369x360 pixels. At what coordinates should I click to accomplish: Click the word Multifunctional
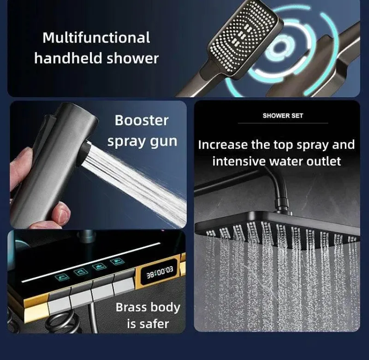pyautogui.click(x=96, y=38)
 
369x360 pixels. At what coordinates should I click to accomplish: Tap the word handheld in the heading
pyautogui.click(x=68, y=58)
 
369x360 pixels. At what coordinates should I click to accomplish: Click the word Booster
pyautogui.click(x=142, y=120)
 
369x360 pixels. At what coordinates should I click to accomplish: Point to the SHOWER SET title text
pyautogui.click(x=283, y=116)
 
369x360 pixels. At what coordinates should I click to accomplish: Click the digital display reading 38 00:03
pyautogui.click(x=160, y=272)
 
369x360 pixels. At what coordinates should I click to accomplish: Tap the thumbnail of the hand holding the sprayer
pyautogui.click(x=98, y=165)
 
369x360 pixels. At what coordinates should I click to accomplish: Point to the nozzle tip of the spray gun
pyautogui.click(x=85, y=153)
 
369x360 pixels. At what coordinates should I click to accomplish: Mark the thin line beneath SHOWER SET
pyautogui.click(x=283, y=123)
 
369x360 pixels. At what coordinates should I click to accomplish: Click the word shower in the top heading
pyautogui.click(x=133, y=58)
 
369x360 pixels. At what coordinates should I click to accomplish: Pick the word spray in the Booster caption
pyautogui.click(x=126, y=142)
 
